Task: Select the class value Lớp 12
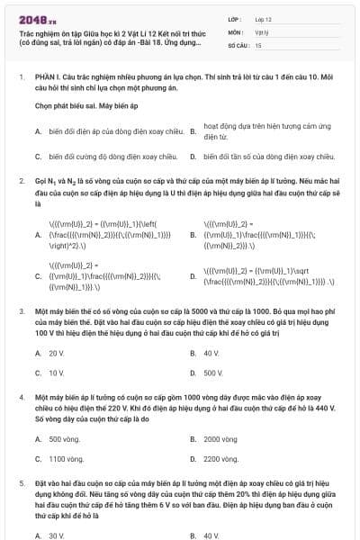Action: [262, 18]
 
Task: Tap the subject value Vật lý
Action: [261, 31]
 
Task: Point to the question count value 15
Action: [258, 44]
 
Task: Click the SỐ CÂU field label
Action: [238, 44]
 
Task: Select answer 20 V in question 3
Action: [57, 353]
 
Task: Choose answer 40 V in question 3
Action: [212, 353]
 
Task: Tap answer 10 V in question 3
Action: [57, 372]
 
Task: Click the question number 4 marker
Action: [22, 396]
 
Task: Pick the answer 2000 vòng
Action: [220, 439]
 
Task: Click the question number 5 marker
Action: [22, 483]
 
